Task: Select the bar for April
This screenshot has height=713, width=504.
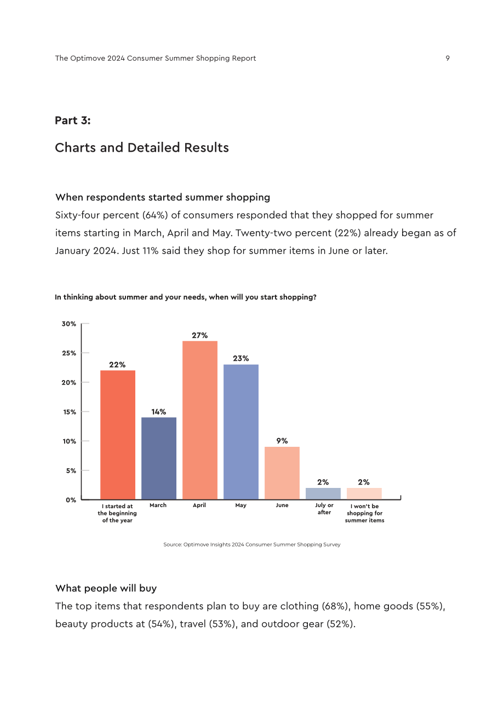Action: pos(199,420)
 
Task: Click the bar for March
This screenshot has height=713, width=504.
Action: pos(158,458)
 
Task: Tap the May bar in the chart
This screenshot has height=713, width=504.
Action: pos(240,432)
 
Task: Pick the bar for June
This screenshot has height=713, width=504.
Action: pos(282,473)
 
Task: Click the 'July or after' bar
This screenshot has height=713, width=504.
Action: pos(323,493)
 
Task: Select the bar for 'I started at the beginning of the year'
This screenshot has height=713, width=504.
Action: pos(117,435)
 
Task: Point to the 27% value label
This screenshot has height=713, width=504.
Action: pos(199,335)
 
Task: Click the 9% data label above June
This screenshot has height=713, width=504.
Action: pos(282,441)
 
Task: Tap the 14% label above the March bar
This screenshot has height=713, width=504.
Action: pos(158,412)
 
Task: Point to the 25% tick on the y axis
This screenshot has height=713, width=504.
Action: pos(69,353)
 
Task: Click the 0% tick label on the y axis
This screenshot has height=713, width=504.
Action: pos(71,500)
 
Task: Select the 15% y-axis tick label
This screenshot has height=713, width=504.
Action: pos(70,412)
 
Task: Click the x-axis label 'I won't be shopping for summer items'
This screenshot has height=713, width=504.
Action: pos(364,513)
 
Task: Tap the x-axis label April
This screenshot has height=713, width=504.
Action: pos(199,505)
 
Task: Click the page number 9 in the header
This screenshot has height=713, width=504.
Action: pos(448,58)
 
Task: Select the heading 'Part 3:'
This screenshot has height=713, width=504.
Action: pos(73,120)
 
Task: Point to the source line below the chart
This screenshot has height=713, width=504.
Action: pos(252,545)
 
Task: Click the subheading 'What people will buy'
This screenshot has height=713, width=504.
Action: pos(106,588)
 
